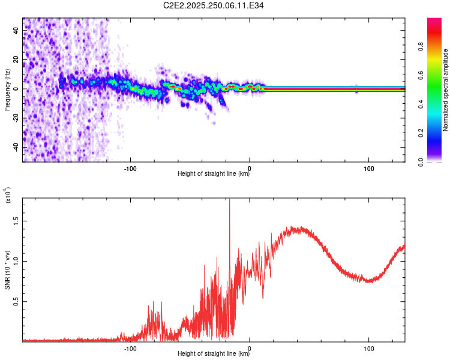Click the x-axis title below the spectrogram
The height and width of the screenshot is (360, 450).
tap(214, 174)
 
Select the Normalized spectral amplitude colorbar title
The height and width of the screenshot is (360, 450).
tap(446, 90)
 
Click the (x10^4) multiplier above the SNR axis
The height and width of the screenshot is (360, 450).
tap(8, 196)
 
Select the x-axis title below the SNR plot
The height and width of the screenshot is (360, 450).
tap(214, 354)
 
